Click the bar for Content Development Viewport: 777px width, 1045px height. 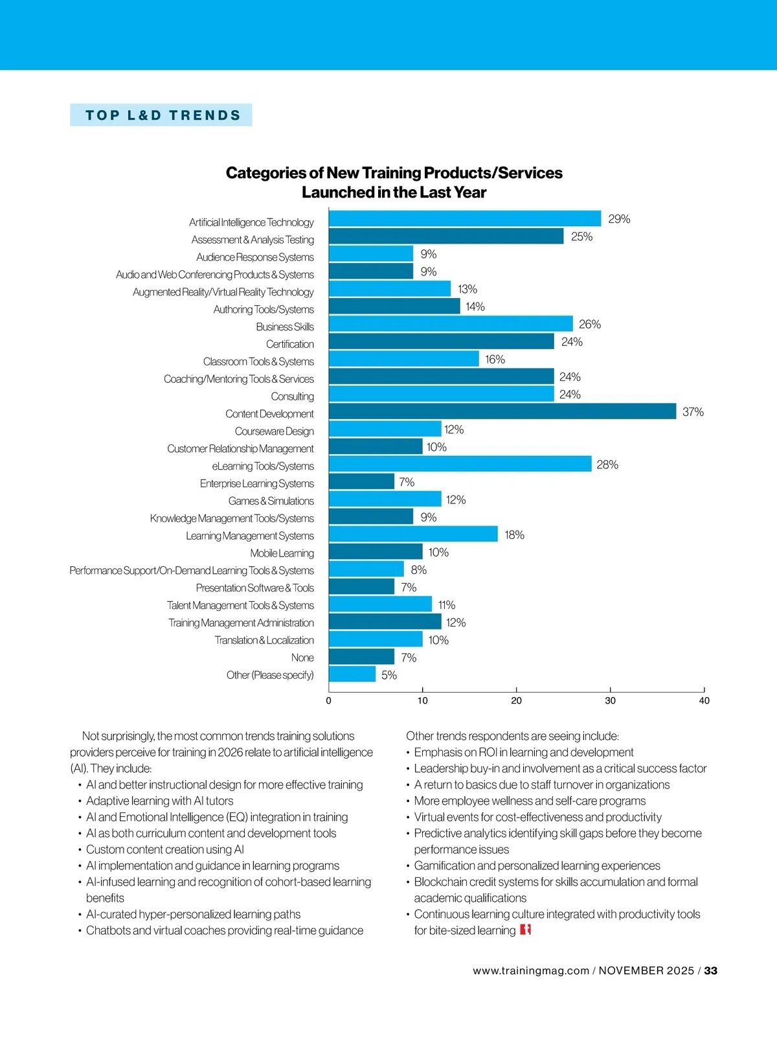pos(502,411)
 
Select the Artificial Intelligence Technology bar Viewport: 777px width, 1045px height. pos(464,219)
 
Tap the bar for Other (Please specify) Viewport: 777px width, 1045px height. pos(352,674)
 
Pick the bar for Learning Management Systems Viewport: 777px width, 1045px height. pos(413,534)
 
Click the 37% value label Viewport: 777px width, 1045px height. pos(693,412)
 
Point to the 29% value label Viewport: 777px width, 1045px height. pos(619,219)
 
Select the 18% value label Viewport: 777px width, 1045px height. pos(514,534)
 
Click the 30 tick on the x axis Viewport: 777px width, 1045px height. pos(610,700)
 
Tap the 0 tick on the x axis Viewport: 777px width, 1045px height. pos(329,700)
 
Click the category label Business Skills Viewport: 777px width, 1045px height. pos(285,327)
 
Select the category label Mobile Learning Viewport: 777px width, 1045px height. pos(282,553)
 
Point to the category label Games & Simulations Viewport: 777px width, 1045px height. pos(271,501)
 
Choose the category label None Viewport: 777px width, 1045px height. pos(302,658)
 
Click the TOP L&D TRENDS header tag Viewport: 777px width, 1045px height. pos(162,115)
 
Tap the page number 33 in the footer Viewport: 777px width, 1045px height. pos(711,970)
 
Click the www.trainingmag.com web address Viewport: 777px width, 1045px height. pos(530,970)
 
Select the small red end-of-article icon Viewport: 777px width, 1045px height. pos(525,930)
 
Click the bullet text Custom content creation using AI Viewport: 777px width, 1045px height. pos(165,849)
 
